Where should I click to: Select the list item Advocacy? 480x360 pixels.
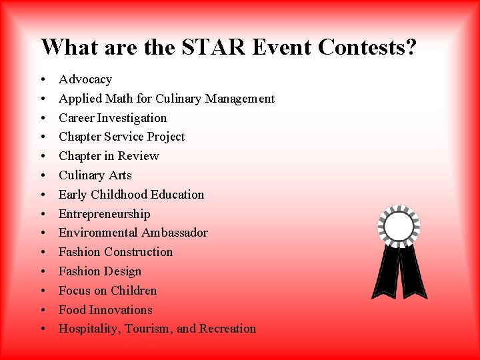pos(85,79)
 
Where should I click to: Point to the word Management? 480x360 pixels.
pos(240,99)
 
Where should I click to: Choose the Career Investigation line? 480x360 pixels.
pos(113,118)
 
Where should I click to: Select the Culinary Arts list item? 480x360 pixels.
pos(95,175)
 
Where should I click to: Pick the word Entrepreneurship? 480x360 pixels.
pos(105,214)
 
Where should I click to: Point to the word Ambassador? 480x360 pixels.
pos(174,233)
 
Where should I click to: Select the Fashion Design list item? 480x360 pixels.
pos(100,271)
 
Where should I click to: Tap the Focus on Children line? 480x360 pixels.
pos(108,291)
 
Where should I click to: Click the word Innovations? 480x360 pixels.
pos(121,310)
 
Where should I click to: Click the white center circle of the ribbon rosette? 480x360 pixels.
pos(399,227)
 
